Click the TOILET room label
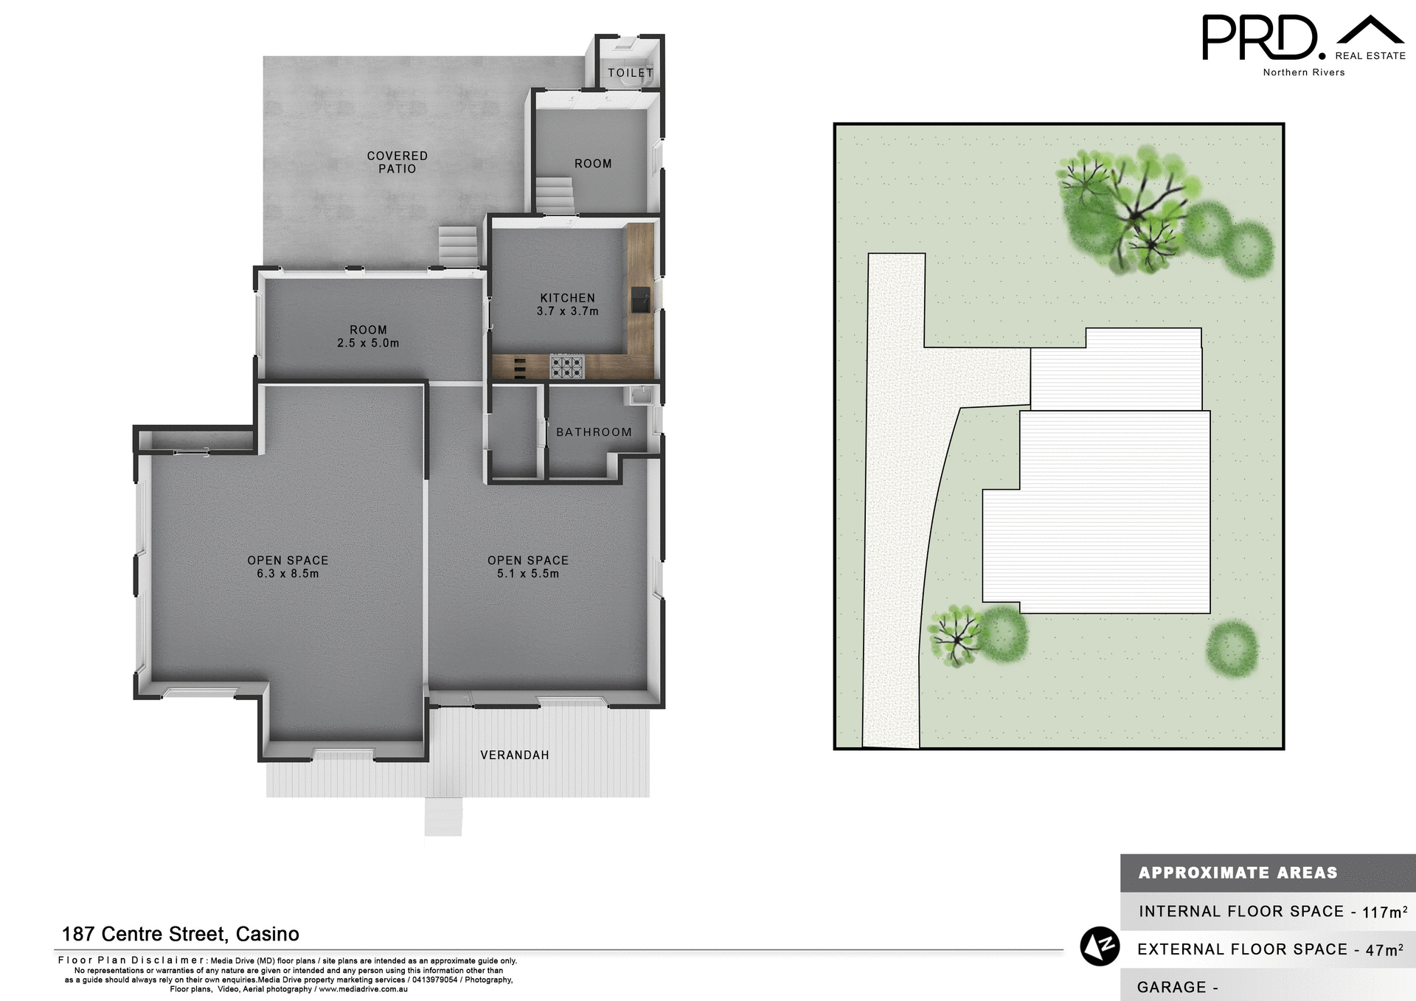[631, 72]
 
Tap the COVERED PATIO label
[397, 162]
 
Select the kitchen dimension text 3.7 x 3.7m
[567, 311]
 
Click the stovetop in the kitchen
[566, 367]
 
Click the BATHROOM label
[594, 432]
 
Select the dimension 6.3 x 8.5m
[288, 574]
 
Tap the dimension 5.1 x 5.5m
[528, 574]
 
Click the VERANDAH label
[514, 755]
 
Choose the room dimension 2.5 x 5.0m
[368, 343]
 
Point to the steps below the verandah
[443, 817]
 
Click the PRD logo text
[1260, 38]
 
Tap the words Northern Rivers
[1303, 72]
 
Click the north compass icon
[1100, 946]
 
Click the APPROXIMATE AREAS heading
[1238, 873]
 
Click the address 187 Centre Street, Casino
[180, 934]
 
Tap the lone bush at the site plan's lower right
[1232, 649]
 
